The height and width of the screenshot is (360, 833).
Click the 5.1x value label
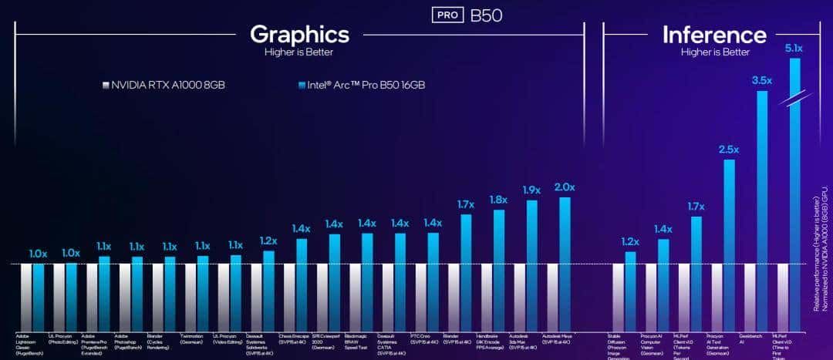pyautogui.click(x=794, y=48)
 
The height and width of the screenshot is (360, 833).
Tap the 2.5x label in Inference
pyautogui.click(x=729, y=149)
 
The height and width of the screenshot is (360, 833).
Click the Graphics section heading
pyautogui.click(x=299, y=35)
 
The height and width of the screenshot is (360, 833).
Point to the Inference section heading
pyautogui.click(x=714, y=35)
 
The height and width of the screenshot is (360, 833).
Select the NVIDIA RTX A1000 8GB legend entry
pyautogui.click(x=162, y=85)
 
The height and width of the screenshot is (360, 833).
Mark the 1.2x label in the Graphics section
pyautogui.click(x=268, y=240)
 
